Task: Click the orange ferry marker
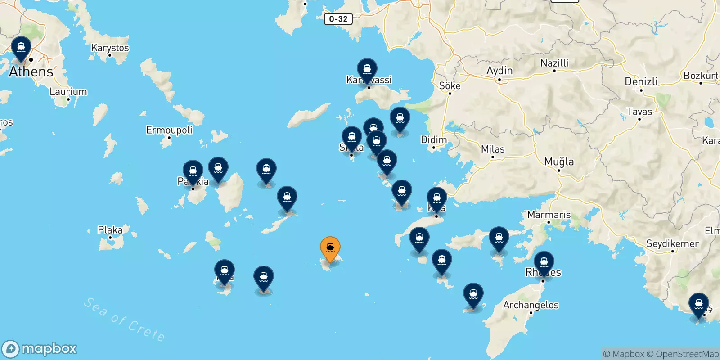330,248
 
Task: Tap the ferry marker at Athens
21,48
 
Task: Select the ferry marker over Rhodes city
544,262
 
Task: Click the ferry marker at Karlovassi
367,70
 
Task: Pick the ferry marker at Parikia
193,171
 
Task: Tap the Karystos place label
110,48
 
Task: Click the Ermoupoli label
169,130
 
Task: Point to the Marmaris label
549,215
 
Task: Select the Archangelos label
531,305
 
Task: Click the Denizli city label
641,81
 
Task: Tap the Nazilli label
554,63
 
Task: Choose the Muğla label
559,162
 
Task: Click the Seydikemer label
672,243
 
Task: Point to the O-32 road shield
338,19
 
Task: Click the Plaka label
110,230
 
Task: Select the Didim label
434,139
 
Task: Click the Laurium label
68,91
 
